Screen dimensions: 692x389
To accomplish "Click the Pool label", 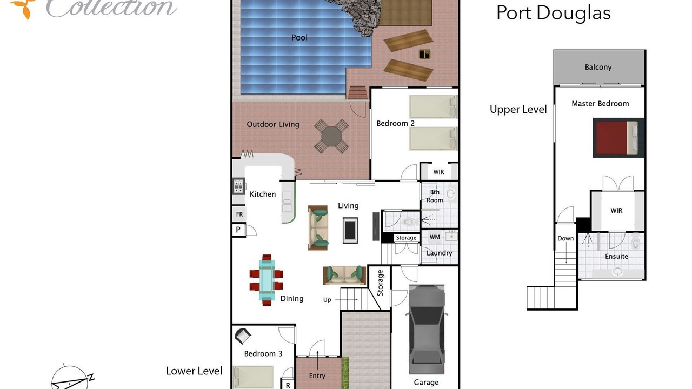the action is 300,38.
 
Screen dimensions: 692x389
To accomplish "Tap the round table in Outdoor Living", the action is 331,136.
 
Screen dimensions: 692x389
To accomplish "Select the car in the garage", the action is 427,330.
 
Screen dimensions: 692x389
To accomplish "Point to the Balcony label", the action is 598,68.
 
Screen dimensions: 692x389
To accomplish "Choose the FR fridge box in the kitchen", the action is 239,214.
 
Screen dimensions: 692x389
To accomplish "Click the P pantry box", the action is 238,230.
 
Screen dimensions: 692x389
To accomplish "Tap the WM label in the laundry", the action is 435,237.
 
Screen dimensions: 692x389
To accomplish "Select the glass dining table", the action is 267,280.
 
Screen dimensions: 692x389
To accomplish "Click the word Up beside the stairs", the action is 327,300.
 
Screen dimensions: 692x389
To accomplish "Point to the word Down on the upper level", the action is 565,238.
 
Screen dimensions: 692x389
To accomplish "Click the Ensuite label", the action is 616,256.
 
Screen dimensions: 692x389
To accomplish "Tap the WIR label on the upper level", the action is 616,211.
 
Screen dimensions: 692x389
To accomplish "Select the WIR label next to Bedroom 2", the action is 438,172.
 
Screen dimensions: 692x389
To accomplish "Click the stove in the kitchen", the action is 238,186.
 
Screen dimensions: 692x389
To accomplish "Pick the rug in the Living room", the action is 350,230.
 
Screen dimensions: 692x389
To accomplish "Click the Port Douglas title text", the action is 553,14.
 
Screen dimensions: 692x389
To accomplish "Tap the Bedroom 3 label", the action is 263,353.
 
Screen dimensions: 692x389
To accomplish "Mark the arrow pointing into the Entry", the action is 317,360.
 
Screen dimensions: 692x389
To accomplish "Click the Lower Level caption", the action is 194,371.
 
